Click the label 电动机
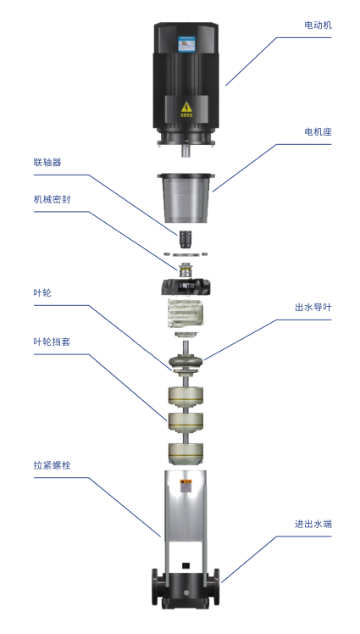pos(318,25)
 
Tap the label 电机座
pos(318,132)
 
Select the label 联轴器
pos(47,163)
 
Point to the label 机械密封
pos(53,199)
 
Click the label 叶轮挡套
pos(53,342)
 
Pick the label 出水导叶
pos(313,308)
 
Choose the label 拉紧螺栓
pos(53,465)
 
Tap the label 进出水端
pos(313,524)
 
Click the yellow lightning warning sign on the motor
pos(186,108)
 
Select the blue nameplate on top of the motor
pos(186,44)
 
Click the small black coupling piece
pos(186,239)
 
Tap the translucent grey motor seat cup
pos(186,198)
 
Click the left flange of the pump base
pos(155,582)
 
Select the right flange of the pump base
pos(217,582)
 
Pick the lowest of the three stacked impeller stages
pos(186,453)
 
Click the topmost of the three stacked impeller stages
pos(186,398)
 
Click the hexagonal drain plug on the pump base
pos(186,591)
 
